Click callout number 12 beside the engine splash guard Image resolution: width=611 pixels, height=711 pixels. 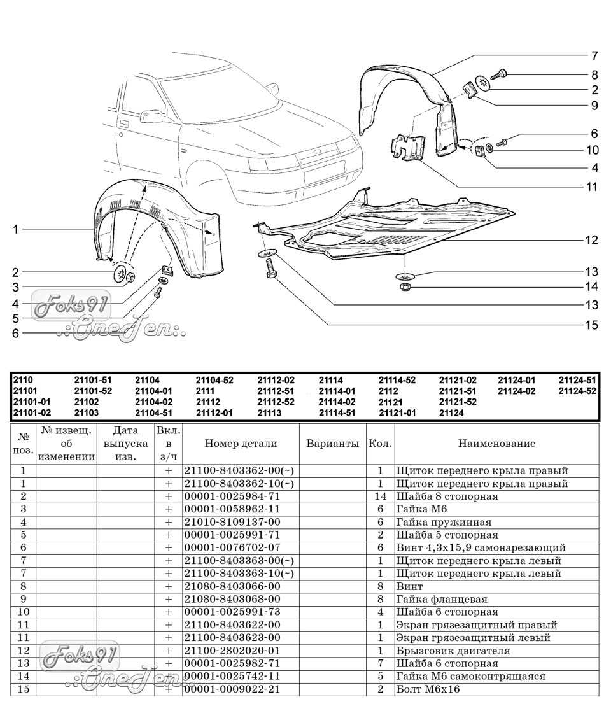tap(592, 240)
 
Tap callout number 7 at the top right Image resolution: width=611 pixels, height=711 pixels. tap(594, 55)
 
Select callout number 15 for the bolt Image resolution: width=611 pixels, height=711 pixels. tap(592, 325)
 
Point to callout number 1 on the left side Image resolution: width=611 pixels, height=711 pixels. tap(16, 230)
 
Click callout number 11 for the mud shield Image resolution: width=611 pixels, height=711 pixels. tap(592, 187)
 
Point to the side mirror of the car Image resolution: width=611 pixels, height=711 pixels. tap(151, 116)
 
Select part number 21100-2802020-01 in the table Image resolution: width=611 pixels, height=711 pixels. tap(232, 651)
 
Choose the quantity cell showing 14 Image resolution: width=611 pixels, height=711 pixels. tap(381, 496)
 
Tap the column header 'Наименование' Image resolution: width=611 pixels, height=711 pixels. tap(496, 444)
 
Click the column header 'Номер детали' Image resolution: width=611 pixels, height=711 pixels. tap(241, 444)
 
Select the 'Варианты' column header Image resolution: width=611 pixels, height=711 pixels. tap(333, 444)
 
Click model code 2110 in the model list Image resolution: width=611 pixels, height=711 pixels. tap(23, 380)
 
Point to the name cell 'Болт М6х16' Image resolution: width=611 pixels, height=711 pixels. tap(427, 689)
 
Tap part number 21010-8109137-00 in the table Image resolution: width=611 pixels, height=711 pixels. tap(232, 522)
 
